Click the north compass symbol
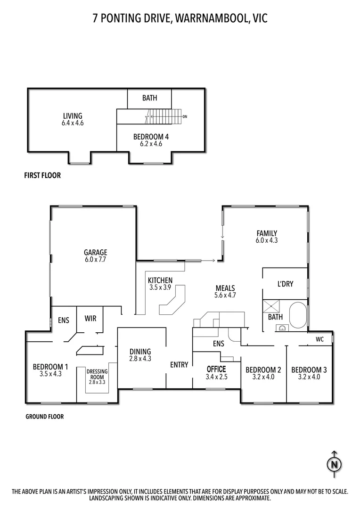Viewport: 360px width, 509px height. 334,464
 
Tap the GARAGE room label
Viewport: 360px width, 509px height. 96,252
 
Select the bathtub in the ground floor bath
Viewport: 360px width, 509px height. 297,314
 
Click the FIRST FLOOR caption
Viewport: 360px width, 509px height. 42,176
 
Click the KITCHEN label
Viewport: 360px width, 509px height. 160,280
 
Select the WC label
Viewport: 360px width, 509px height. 319,338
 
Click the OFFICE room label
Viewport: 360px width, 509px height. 217,369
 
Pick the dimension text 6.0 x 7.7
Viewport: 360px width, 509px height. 96,259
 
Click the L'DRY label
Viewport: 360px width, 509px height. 285,284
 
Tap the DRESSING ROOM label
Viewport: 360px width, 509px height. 97,374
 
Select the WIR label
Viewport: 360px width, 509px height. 90,319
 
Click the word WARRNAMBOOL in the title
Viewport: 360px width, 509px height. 208,18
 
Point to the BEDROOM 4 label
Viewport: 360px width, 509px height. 151,137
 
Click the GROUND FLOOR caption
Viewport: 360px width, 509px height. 44,417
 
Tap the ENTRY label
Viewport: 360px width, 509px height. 179,364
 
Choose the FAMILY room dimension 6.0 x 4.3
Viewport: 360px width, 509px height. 267,240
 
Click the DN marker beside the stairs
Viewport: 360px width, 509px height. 185,116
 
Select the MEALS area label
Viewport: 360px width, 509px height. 225,288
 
